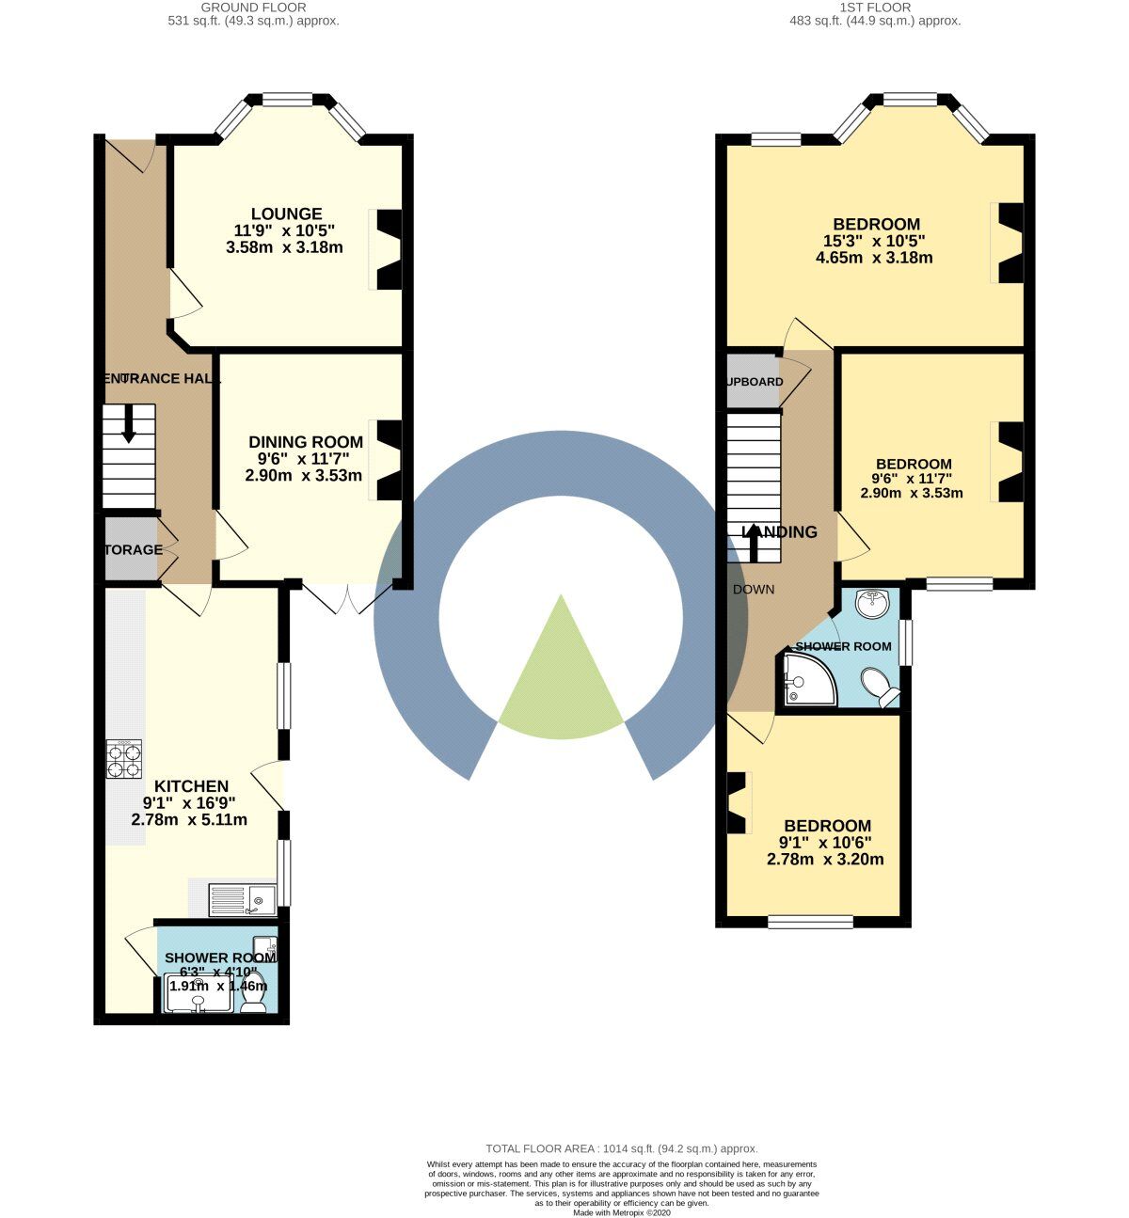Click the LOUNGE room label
286,214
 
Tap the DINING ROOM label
305,442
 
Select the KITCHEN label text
191,786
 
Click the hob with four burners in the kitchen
125,760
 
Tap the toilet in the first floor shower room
883,688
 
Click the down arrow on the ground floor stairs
129,423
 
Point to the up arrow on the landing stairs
753,540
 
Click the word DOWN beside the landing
754,590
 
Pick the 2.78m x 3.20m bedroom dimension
825,859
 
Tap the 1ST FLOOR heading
875,7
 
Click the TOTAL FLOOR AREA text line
621,1148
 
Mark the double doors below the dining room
347,598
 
